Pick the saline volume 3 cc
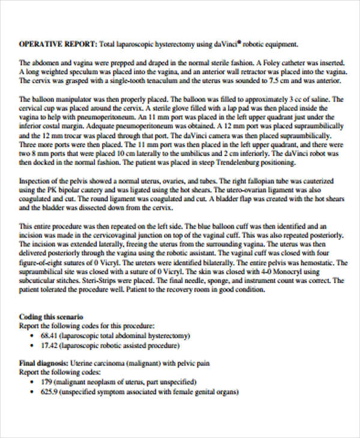pyautogui.click(x=293, y=99)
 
